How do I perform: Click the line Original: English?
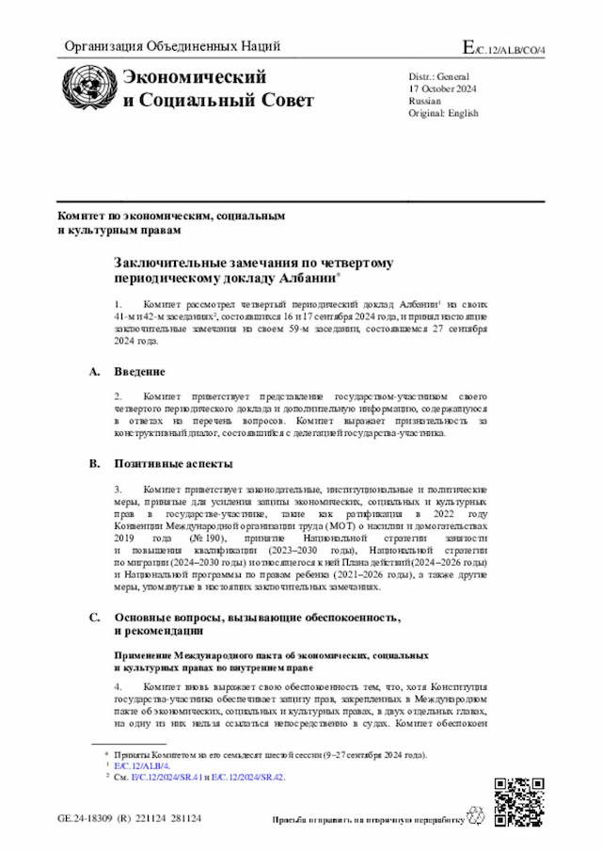444,113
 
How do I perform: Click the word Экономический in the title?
195,78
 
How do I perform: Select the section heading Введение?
140,372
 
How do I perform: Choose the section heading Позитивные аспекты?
173,464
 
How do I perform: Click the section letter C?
94,591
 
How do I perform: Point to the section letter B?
94,464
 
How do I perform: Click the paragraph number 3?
119,490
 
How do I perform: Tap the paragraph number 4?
119,687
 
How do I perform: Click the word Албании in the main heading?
306,279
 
